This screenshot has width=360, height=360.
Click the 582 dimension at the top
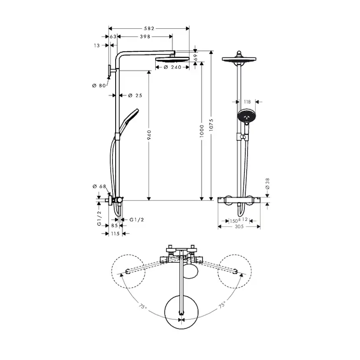[149, 28]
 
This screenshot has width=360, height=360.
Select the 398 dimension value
[145, 37]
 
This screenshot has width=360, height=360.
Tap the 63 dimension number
[113, 37]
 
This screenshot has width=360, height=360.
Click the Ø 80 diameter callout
[99, 86]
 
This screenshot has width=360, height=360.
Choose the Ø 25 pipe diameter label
[136, 95]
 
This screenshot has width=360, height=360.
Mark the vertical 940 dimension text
[149, 135]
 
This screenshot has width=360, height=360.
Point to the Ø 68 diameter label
[99, 187]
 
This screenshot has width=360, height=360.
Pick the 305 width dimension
[239, 227]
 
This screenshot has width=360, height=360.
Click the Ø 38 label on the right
[267, 184]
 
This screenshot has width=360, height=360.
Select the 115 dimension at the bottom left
[115, 234]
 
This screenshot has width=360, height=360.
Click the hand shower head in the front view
[246, 116]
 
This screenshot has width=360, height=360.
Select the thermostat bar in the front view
[239, 200]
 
